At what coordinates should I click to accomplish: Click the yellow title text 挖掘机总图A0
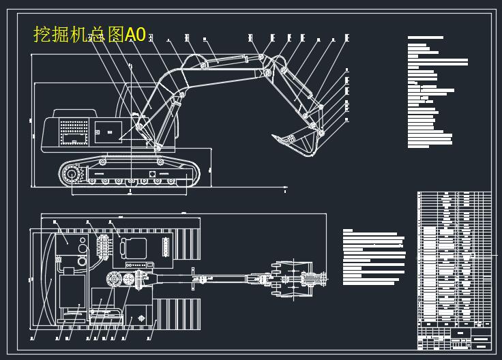89,35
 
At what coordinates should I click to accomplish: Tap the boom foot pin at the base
158,147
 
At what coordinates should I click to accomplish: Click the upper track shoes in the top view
185,242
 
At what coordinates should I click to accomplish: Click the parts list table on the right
454,259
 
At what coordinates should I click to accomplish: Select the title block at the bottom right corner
454,337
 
